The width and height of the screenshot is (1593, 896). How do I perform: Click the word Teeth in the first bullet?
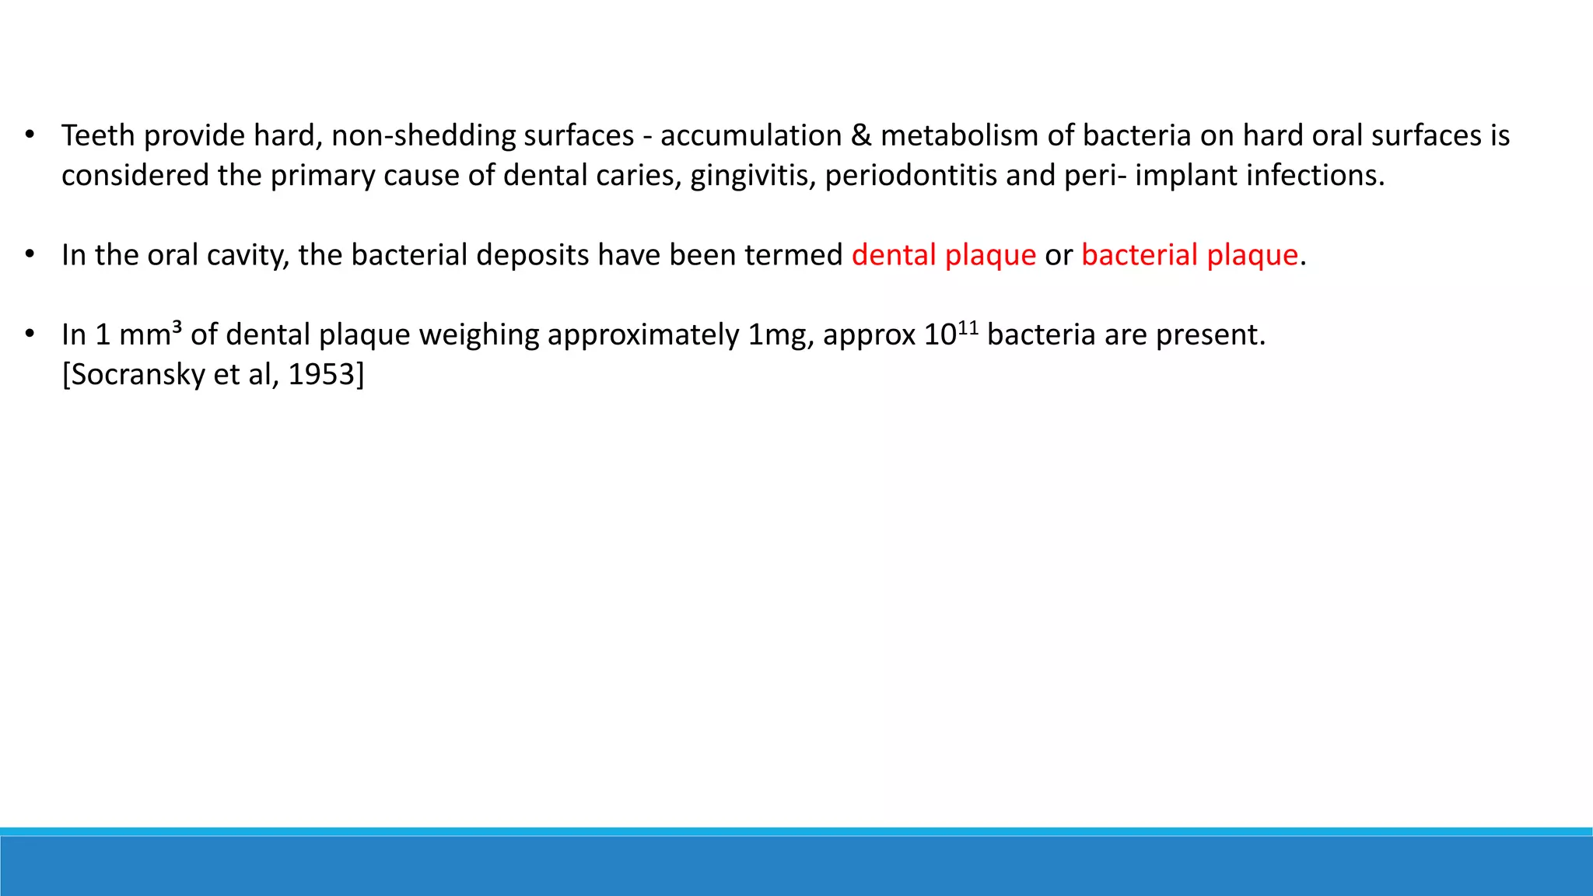tap(98, 135)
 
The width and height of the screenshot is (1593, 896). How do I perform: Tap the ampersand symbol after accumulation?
tap(860, 135)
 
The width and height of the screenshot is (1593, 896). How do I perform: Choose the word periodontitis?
tap(910, 176)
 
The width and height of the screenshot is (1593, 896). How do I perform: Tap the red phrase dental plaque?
tap(944, 255)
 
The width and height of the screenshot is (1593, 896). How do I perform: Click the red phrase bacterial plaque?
tap(1189, 255)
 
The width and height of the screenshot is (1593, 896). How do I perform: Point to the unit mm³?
tap(150, 334)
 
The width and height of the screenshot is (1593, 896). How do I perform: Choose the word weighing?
tap(478, 335)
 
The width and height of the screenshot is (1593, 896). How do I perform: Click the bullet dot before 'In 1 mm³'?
tap(30, 334)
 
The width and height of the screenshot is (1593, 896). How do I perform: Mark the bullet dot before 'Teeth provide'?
tap(30, 135)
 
